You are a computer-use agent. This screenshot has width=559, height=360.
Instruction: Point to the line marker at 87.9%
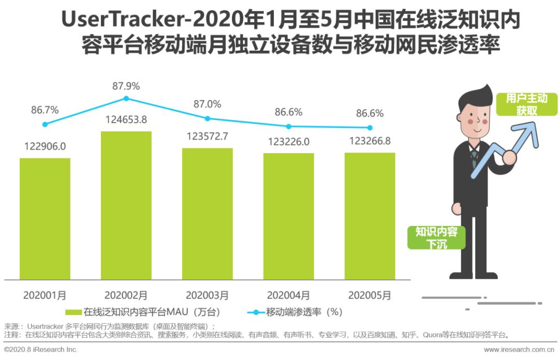click(126, 98)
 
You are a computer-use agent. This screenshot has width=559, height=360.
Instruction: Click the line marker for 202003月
click(208, 118)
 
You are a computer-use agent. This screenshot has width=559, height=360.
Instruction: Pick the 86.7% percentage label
click(45, 110)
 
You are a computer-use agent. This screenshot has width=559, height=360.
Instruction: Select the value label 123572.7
click(207, 137)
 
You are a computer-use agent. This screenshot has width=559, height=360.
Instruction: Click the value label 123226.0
click(288, 142)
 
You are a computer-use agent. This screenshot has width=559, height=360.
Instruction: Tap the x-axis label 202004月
click(288, 295)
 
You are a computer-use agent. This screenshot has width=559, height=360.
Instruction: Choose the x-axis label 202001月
click(45, 295)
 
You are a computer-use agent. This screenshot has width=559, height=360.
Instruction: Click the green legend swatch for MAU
click(73, 312)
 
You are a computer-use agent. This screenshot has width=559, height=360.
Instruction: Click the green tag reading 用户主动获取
click(526, 104)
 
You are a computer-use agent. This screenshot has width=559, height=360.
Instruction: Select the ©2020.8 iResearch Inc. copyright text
click(41, 350)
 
